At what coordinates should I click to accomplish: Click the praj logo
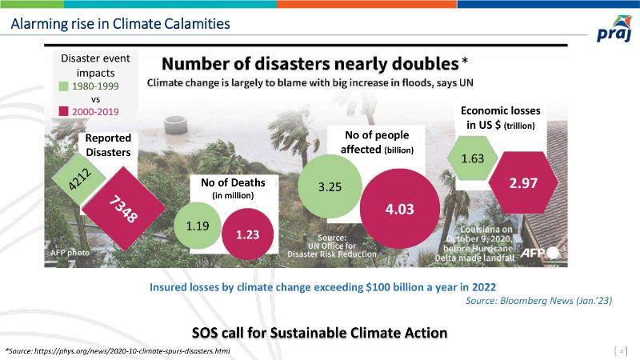coord(614,33)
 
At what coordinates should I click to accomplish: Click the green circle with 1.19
coord(197,226)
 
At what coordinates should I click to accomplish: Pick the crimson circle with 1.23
coord(247,234)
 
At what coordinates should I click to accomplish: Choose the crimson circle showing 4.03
coord(399,209)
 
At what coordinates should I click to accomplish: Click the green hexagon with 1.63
coord(472,158)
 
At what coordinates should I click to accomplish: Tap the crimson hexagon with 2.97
coord(523,183)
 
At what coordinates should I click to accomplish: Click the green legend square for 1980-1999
coord(64,86)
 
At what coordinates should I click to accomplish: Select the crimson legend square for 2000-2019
coord(64,111)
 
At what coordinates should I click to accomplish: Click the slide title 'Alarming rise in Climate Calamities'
coord(120,24)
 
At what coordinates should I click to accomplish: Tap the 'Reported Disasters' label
coord(108,145)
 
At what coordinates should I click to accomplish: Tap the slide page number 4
coord(622,350)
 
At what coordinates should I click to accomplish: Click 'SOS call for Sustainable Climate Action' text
coord(319,331)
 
